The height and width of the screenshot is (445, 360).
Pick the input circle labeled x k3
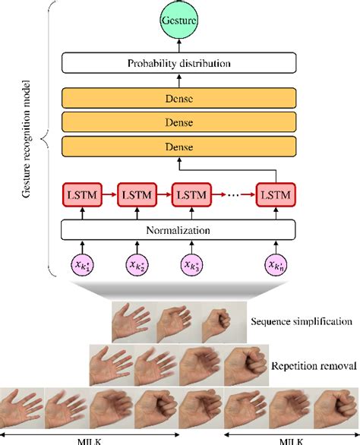191,266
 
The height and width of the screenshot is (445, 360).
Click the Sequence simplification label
301,321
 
